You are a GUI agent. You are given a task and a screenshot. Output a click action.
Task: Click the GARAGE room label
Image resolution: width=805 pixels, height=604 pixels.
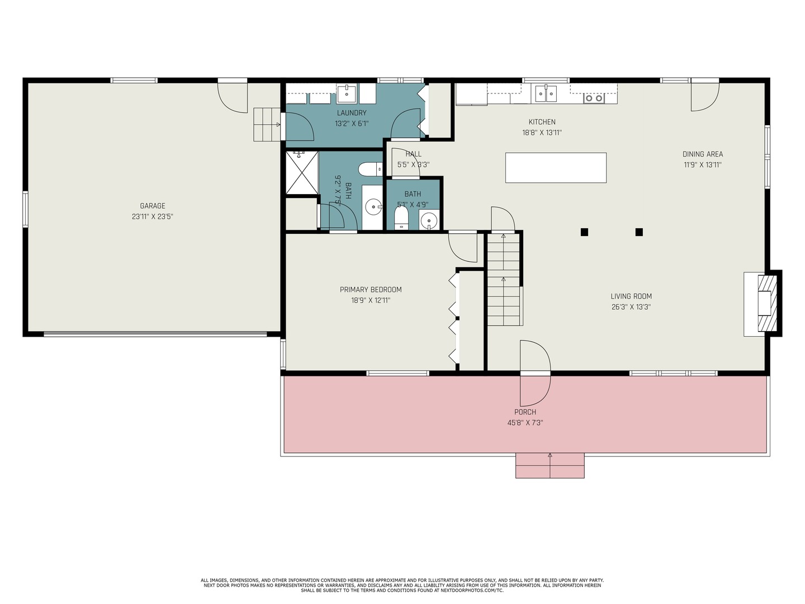153,206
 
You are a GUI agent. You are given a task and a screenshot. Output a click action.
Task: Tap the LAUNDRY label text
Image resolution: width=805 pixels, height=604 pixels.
352,113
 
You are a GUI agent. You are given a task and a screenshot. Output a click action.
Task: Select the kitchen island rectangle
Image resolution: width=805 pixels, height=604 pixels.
556,168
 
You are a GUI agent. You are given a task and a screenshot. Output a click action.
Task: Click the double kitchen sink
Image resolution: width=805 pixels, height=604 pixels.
546,93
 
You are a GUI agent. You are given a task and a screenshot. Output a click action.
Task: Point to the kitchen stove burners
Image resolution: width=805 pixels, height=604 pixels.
594,98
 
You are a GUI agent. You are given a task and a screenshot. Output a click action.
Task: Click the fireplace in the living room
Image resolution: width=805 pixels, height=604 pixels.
767,304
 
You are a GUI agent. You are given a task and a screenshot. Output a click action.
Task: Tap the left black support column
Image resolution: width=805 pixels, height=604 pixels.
584,232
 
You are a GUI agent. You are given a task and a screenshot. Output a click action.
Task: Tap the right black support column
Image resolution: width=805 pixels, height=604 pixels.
639,232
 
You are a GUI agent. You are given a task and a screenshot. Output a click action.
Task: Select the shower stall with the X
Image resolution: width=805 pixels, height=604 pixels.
302,172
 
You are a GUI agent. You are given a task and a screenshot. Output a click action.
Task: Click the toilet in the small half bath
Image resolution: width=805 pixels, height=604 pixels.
401,219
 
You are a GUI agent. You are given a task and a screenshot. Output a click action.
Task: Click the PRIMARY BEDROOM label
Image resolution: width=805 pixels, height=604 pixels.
371,290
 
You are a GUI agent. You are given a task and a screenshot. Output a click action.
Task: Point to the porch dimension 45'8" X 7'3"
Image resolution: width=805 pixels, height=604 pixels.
525,422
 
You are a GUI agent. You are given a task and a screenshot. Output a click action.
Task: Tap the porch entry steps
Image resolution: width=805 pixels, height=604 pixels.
550,465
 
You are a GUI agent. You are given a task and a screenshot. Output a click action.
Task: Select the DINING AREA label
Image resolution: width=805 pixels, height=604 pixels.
703,154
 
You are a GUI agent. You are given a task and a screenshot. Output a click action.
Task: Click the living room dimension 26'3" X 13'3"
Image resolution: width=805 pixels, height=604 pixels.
631,307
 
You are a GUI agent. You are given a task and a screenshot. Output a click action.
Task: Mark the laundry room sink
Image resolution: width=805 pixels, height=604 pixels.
347,93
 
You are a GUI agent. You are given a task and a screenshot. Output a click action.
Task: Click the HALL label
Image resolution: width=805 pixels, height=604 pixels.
413,154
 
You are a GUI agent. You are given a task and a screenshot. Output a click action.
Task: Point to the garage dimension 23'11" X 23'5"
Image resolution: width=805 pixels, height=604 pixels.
153,216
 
